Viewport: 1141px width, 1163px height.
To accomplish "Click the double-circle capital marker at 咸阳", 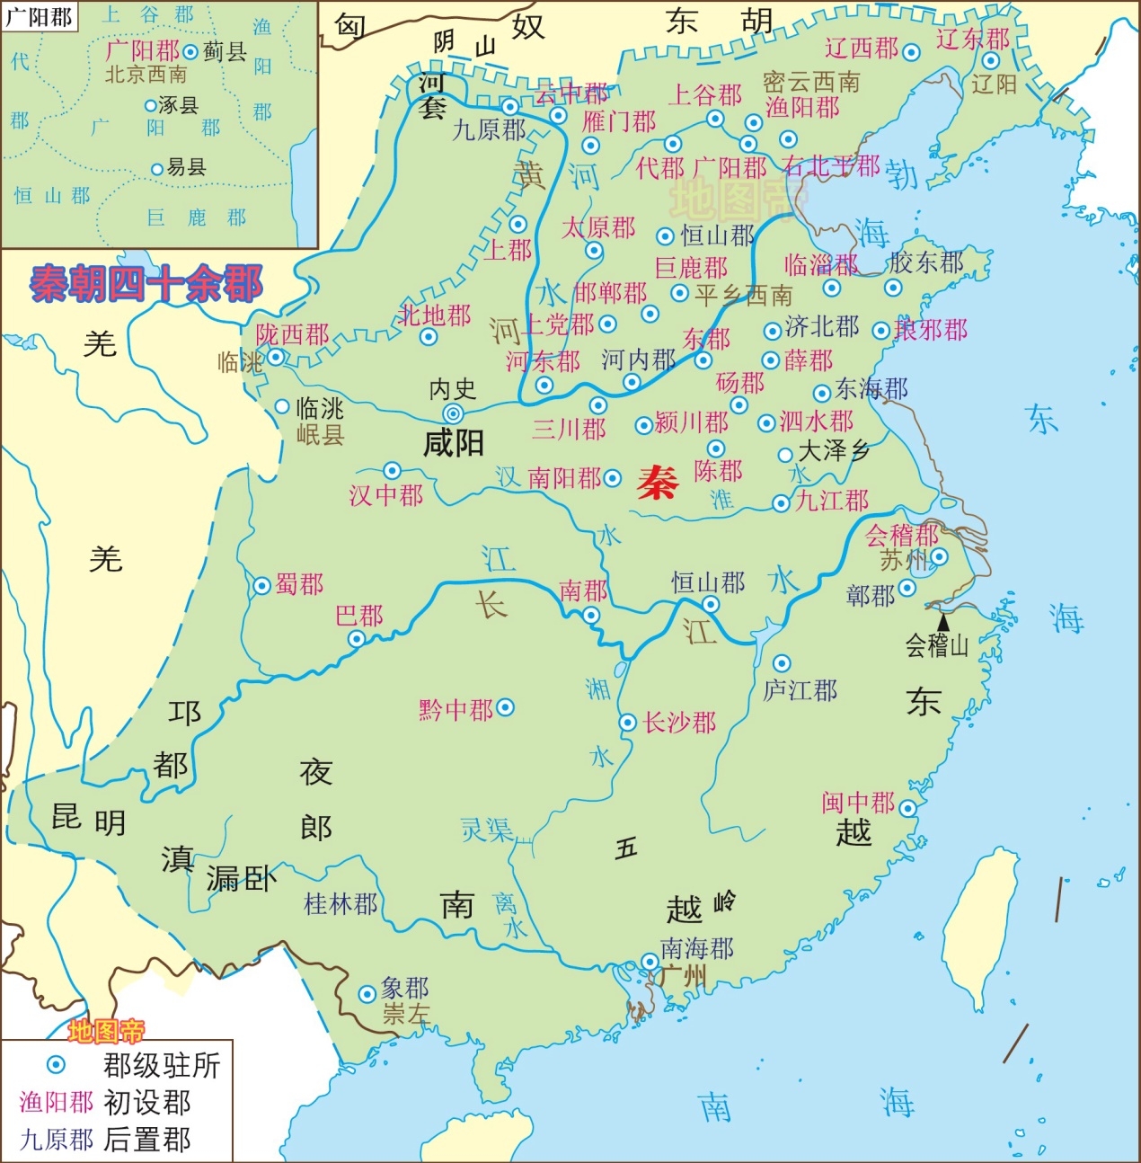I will [454, 413].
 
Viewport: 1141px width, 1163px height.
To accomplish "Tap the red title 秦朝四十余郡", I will [146, 284].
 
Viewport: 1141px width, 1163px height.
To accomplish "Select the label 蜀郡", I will [299, 585].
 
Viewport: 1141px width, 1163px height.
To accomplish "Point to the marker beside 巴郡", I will [357, 639].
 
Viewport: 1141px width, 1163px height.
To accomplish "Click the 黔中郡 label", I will [456, 710].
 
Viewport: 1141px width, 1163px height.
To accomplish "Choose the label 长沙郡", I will [679, 723].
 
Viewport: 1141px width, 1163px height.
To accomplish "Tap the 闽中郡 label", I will [858, 802].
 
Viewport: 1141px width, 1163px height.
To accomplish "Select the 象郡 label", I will [404, 989].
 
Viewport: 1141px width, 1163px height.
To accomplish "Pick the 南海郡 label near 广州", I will [696, 948].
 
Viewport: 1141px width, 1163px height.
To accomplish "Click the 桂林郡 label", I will [341, 904].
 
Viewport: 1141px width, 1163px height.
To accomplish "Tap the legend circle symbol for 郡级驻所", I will [56, 1065].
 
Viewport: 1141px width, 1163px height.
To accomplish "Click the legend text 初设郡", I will [147, 1102].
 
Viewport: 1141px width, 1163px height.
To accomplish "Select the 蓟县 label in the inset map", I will [224, 52].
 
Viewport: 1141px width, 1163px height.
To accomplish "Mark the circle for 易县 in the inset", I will [156, 169].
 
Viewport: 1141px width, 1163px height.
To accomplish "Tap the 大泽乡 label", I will [834, 451].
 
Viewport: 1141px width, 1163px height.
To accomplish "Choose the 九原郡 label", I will [489, 129].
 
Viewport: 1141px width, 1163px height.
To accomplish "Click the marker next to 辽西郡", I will [912, 52].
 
